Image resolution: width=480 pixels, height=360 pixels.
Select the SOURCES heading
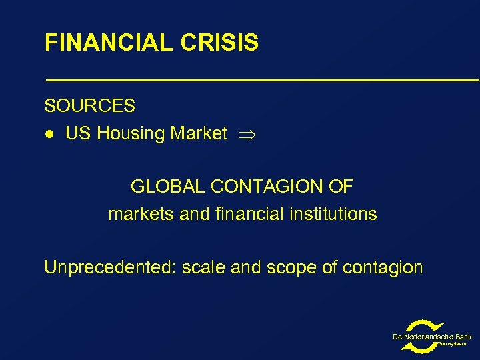[x=89, y=106]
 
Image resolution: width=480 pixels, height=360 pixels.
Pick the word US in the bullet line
[x=78, y=134]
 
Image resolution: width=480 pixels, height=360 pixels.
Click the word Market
[x=199, y=134]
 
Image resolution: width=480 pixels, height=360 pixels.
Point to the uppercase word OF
[x=341, y=187]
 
